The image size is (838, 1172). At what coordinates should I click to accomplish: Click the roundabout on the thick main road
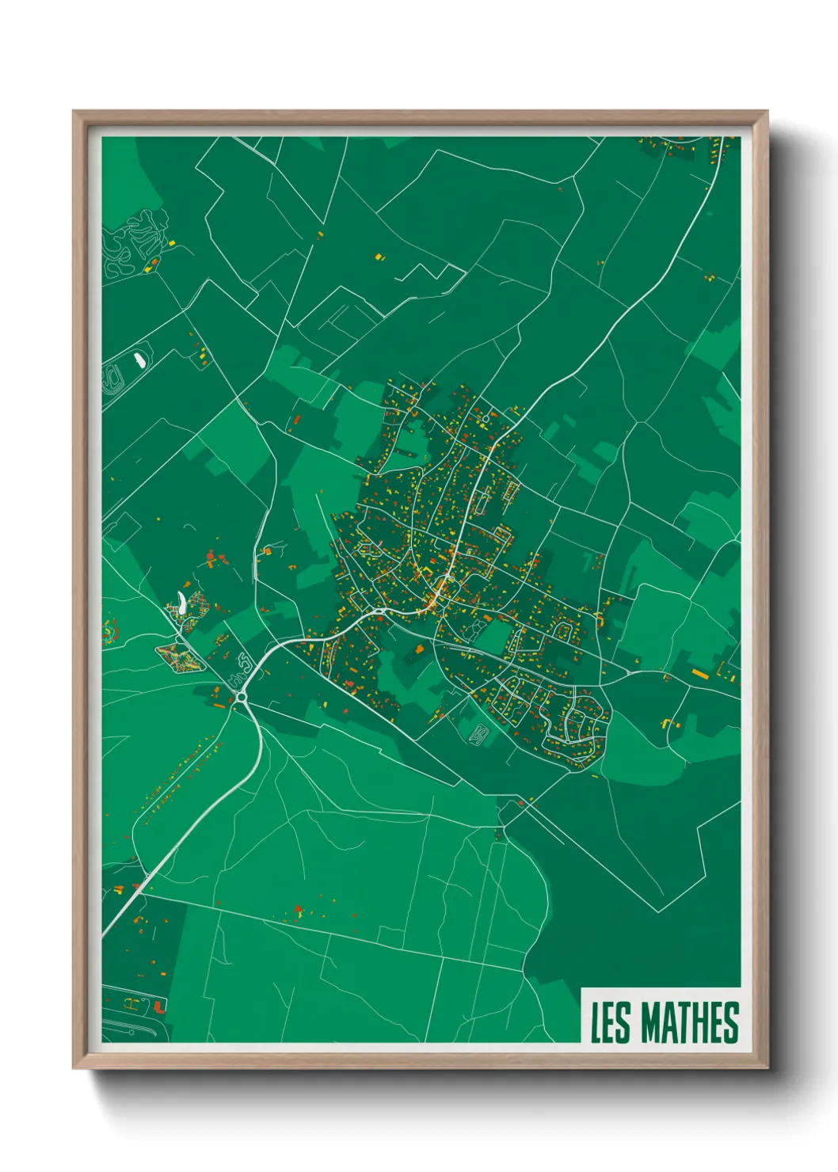(x=240, y=697)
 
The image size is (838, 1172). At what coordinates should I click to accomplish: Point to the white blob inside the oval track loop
(x=140, y=360)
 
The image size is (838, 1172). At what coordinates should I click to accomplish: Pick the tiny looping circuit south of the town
(x=479, y=735)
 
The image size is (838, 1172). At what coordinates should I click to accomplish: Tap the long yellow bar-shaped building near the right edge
(x=699, y=673)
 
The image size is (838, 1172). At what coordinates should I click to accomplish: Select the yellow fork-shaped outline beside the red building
(x=132, y=1003)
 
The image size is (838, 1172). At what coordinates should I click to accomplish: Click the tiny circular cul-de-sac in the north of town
(x=486, y=418)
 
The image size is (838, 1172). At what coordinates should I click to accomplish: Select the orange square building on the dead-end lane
(x=419, y=649)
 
